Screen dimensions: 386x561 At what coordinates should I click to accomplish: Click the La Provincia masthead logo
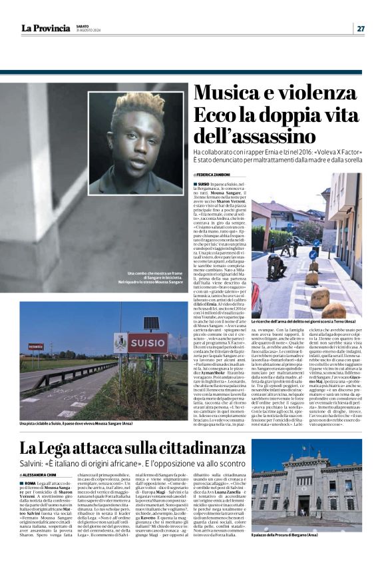45,28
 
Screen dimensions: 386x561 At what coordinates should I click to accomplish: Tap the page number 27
360,28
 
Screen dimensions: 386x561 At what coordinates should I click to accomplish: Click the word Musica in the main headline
230,93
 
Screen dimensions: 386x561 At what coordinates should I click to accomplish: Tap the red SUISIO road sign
148,343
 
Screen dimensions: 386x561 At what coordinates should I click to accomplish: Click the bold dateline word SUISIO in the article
204,183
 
